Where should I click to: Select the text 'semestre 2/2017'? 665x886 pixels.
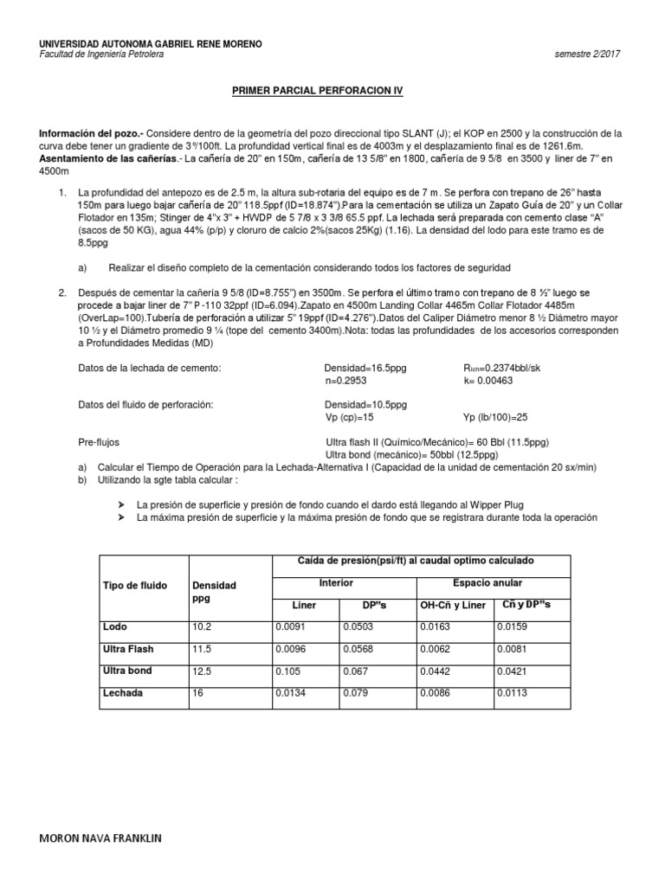(x=587, y=55)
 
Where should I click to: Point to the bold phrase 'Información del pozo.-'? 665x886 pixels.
(x=91, y=133)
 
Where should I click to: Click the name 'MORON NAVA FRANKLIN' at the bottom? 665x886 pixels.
(x=100, y=839)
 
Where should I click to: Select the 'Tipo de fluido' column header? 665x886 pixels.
(x=135, y=586)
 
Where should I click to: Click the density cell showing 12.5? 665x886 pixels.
(x=201, y=671)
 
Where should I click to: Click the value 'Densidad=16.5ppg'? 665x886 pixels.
(x=365, y=368)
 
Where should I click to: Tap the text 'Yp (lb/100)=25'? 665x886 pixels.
(x=495, y=417)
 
